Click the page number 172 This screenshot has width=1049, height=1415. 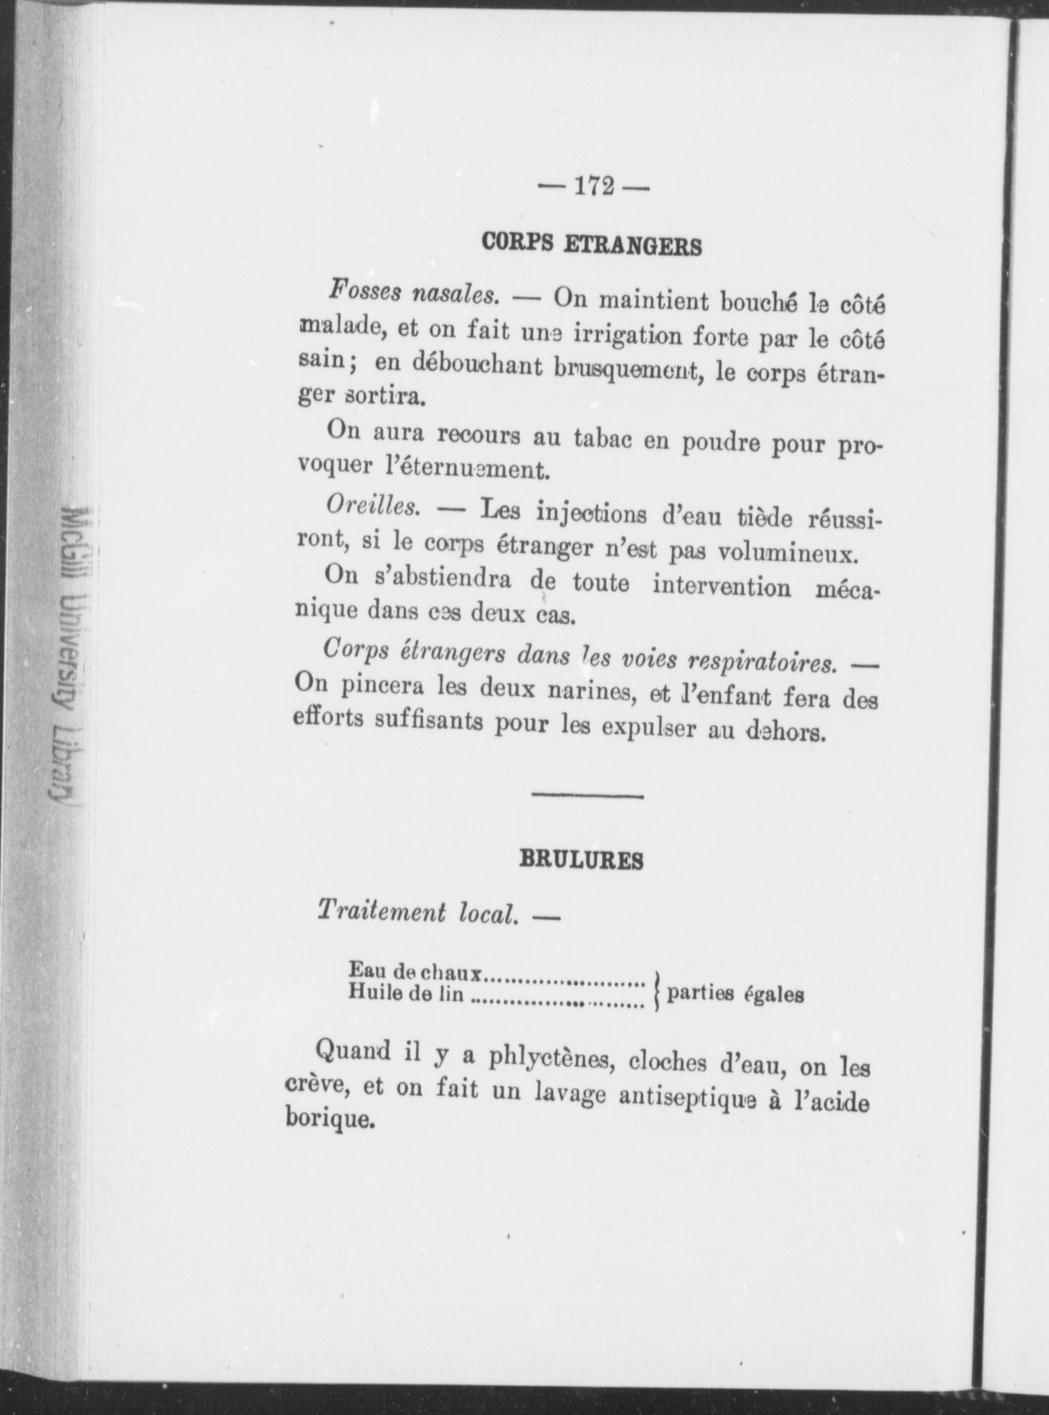point(593,186)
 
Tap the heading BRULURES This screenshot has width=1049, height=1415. point(582,860)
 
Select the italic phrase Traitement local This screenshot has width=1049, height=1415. point(419,911)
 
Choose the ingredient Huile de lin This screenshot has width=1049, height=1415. point(406,992)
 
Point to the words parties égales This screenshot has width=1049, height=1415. point(735,994)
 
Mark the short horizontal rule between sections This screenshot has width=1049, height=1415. point(588,797)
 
